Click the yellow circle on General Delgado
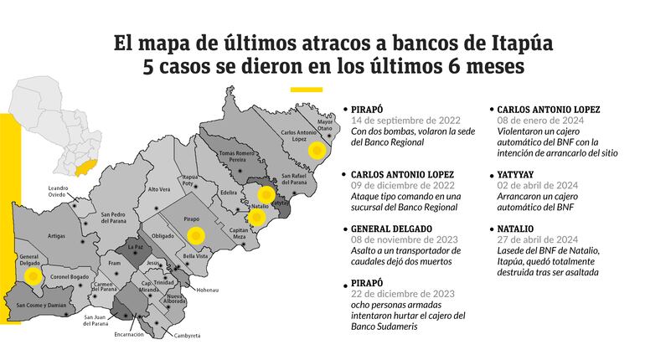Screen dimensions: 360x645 pyautogui.click(x=32, y=275)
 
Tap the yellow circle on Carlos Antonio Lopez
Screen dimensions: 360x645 pyautogui.click(x=316, y=151)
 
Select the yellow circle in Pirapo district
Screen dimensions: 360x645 pyautogui.click(x=195, y=235)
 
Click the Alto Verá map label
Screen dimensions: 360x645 pyautogui.click(x=158, y=189)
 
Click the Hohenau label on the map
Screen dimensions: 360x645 pyautogui.click(x=208, y=291)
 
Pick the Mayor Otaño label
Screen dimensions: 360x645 pyautogui.click(x=325, y=125)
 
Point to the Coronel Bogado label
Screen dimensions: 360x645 pyautogui.click(x=70, y=277)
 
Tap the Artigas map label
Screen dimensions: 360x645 pyautogui.click(x=56, y=236)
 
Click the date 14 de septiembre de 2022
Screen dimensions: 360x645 pyautogui.click(x=402, y=120)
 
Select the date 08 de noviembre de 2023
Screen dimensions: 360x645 pyautogui.click(x=404, y=239)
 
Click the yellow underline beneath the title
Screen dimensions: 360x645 pyautogui.click(x=306, y=89)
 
